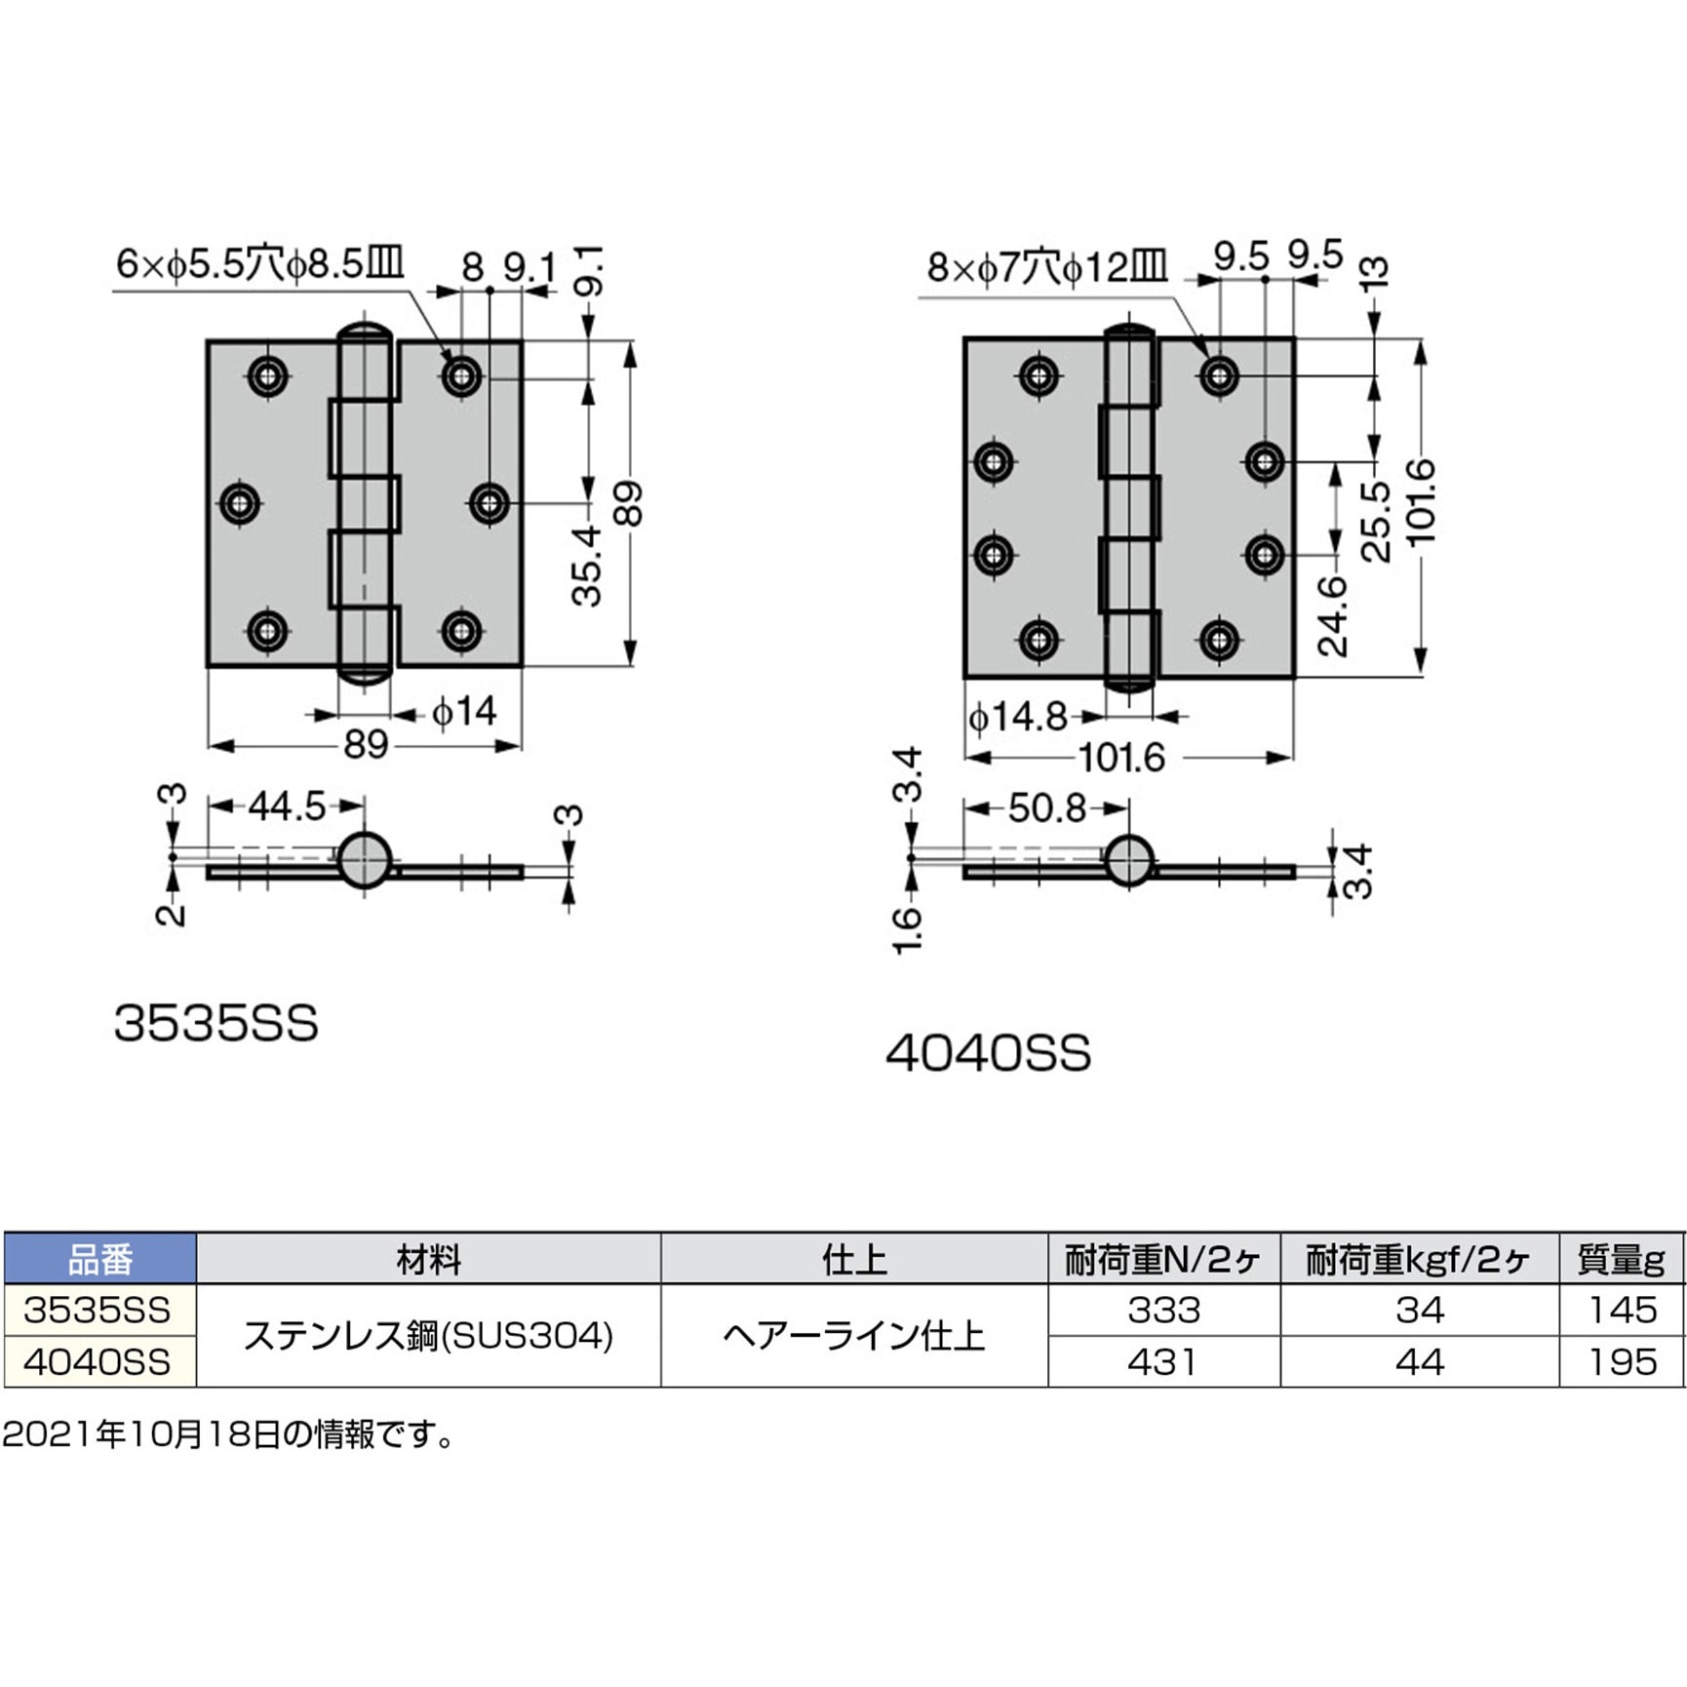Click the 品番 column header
pyautogui.click(x=99, y=1260)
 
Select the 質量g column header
pyautogui.click(x=1621, y=1260)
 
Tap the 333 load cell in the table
pyautogui.click(x=1163, y=1310)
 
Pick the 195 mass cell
pyautogui.click(x=1623, y=1362)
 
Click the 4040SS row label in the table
pyautogui.click(x=98, y=1362)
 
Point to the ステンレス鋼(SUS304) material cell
pyautogui.click(x=428, y=1336)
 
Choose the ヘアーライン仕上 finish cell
pyautogui.click(x=854, y=1336)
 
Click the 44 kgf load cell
pyautogui.click(x=1419, y=1362)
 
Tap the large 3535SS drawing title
pyautogui.click(x=216, y=1025)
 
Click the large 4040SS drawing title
pyautogui.click(x=988, y=1054)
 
